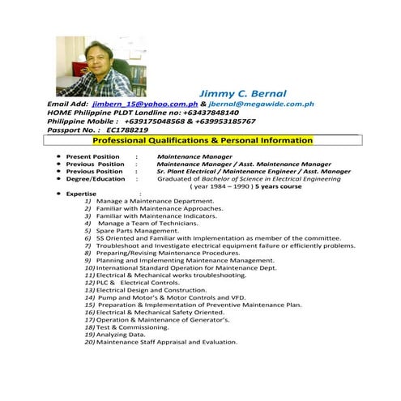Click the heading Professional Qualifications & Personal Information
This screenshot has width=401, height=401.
[203, 140]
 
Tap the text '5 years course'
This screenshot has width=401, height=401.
[279, 186]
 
